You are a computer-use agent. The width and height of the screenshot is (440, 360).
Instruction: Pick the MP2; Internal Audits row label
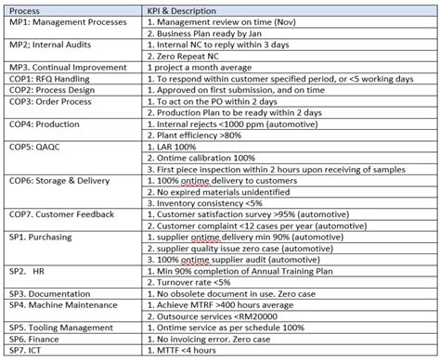point(45,45)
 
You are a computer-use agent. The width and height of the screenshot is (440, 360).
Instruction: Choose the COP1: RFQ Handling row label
point(45,81)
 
